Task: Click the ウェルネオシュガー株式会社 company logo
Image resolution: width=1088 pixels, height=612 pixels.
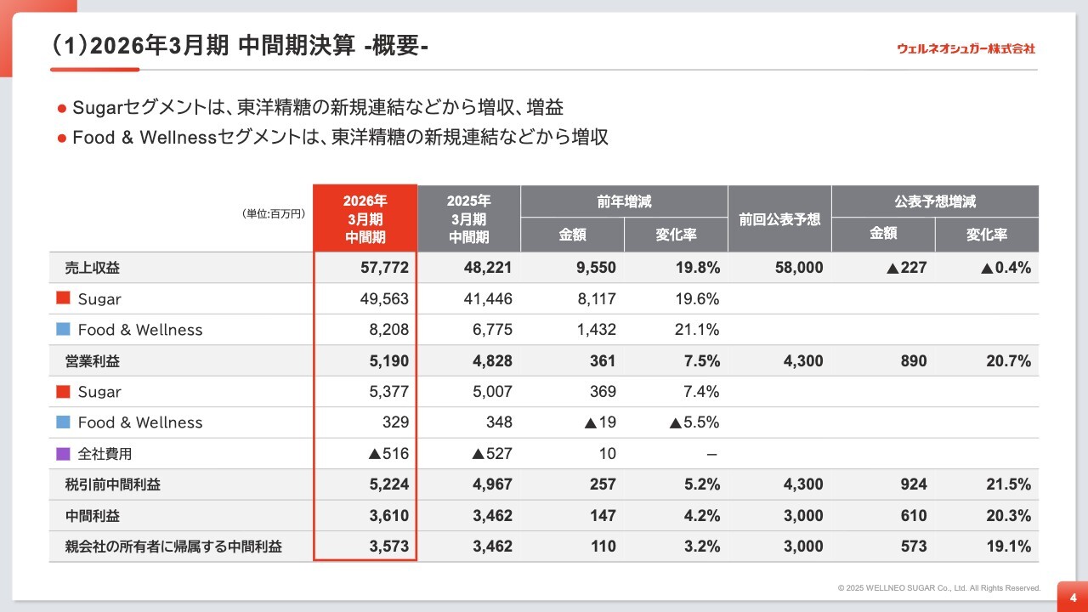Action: (x=966, y=48)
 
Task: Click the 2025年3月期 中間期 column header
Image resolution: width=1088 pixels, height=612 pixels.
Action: (x=468, y=218)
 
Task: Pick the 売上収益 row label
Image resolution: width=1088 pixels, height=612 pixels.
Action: (x=93, y=268)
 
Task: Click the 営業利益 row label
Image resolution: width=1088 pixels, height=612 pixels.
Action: (x=93, y=361)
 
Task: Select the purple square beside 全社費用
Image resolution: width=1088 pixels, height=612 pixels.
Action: (x=63, y=454)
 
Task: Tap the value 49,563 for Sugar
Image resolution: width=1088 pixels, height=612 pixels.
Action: (x=384, y=299)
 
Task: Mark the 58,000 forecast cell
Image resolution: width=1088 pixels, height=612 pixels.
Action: (x=799, y=268)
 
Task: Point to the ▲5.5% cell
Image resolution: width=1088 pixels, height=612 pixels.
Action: (x=694, y=422)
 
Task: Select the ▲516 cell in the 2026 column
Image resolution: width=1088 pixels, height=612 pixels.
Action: (x=388, y=454)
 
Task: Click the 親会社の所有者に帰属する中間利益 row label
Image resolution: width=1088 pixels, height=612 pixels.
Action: (x=173, y=547)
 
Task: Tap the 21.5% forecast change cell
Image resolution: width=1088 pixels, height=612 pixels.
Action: (x=1008, y=484)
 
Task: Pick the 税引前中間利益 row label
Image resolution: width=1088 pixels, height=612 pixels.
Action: (x=113, y=484)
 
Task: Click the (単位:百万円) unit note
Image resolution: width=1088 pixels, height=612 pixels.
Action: (x=274, y=214)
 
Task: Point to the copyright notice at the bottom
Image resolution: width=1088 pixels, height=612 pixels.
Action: (x=938, y=588)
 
